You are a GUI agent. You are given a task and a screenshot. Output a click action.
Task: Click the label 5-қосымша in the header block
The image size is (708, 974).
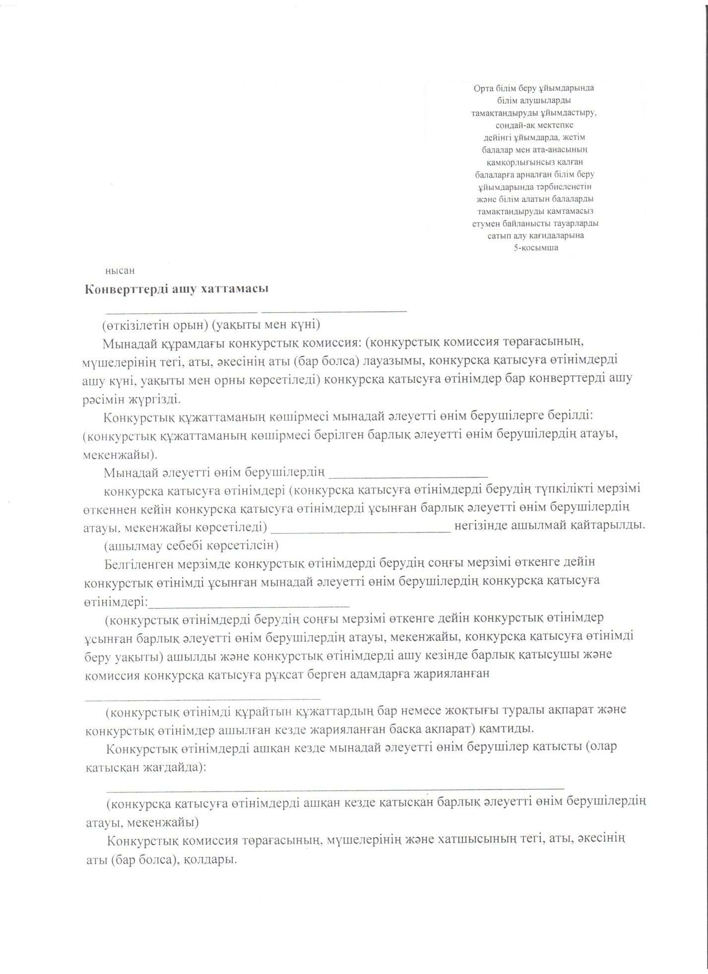pyautogui.click(x=536, y=248)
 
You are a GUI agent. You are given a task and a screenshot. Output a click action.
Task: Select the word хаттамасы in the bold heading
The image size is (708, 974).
pyautogui.click(x=234, y=289)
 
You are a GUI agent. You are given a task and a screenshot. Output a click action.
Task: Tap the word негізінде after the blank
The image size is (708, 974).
pyautogui.click(x=483, y=525)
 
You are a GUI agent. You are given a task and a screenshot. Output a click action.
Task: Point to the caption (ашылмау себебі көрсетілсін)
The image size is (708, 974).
pyautogui.click(x=191, y=546)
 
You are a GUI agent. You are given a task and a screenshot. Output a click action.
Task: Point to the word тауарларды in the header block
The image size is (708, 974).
pyautogui.click(x=576, y=223)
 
